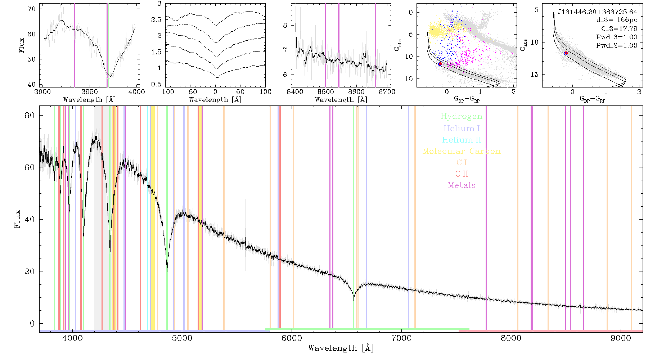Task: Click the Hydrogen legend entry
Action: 462,116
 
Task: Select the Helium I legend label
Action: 462,128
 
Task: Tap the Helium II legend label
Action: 462,140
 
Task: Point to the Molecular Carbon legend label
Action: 462,151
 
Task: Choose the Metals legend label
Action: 462,185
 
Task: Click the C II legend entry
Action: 462,174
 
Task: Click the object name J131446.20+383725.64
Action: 598,12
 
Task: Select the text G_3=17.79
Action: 619,29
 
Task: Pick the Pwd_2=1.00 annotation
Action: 617,46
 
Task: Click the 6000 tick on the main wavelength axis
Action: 292,338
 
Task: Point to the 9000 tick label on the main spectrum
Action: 621,338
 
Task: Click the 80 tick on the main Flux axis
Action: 30,116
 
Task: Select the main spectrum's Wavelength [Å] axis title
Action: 341,348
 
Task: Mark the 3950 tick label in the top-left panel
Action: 90,92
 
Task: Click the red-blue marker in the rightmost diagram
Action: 566,53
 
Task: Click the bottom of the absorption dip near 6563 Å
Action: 354,300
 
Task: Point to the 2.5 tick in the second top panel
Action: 156,20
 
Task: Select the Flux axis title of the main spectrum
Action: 17,219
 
